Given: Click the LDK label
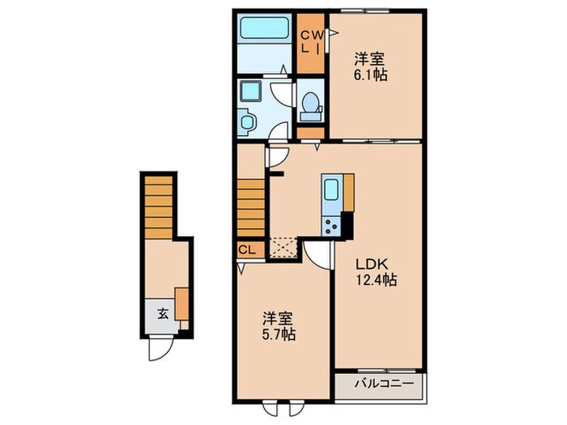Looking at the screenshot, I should (368, 264).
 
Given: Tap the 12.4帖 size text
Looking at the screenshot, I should (373, 280).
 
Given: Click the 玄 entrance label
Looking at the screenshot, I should (162, 313).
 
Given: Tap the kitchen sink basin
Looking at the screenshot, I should (332, 193).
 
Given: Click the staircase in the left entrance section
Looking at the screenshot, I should (159, 208).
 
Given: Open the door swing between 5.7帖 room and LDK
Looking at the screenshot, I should (319, 255).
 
